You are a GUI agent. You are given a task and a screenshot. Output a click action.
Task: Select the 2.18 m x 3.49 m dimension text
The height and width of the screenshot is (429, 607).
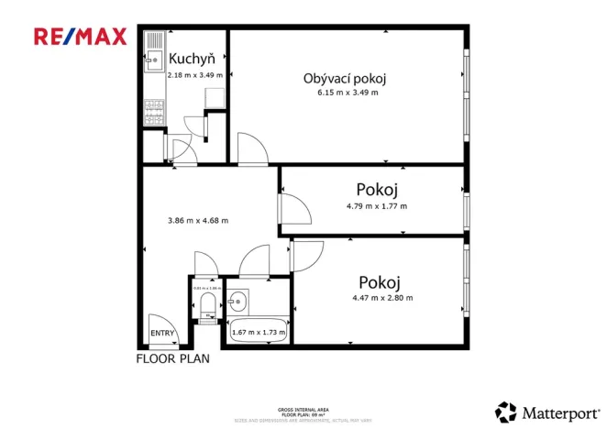tap(194, 75)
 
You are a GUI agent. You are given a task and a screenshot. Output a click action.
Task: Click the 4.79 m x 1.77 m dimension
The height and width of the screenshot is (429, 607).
tap(377, 205)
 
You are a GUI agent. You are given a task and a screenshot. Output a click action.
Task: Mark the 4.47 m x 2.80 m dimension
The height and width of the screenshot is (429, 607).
tap(382, 297)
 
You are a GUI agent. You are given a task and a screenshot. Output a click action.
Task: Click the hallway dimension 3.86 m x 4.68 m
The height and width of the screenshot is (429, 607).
tap(198, 220)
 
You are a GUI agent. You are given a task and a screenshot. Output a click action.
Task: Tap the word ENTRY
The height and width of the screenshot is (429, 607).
tap(162, 334)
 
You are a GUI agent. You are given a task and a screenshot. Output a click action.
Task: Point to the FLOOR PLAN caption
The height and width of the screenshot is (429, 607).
tap(172, 359)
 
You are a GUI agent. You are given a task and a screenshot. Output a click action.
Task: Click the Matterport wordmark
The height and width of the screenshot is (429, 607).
tap(557, 412)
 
